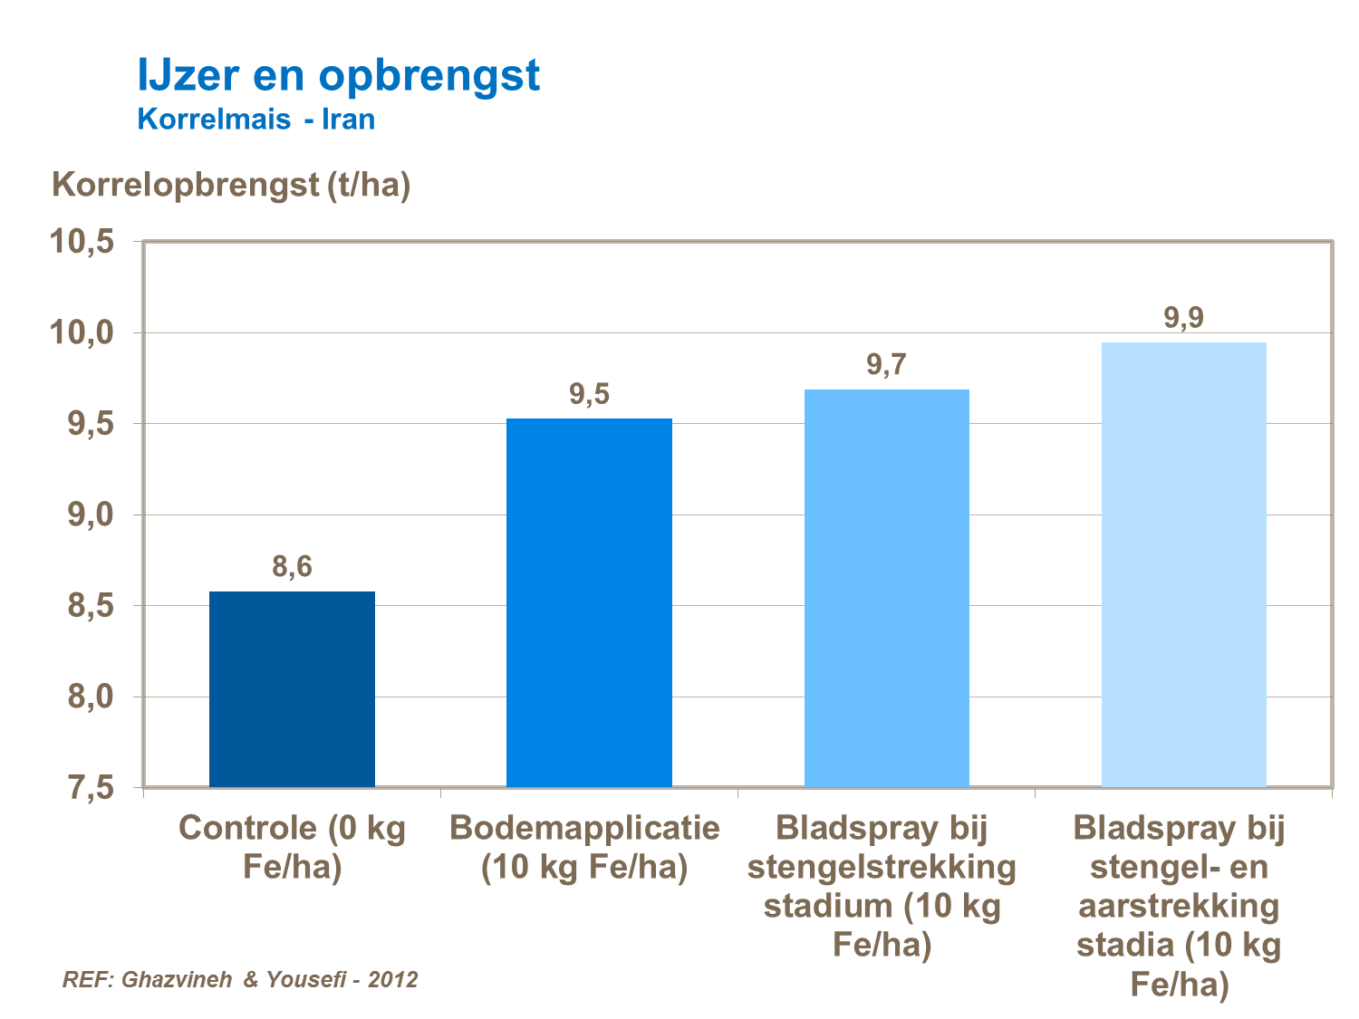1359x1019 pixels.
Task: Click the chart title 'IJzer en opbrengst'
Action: [x=338, y=74]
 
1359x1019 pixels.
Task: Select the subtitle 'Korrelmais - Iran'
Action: [x=255, y=120]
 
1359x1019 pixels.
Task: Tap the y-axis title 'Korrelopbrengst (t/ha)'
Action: [x=231, y=185]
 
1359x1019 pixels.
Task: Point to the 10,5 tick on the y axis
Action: [x=82, y=242]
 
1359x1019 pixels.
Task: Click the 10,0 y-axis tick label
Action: [x=82, y=332]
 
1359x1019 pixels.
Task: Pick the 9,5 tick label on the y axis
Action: [x=91, y=423]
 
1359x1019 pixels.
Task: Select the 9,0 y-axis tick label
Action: [x=91, y=514]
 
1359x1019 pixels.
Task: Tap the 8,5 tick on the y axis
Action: [x=91, y=605]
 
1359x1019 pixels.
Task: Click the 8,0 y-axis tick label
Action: [x=91, y=697]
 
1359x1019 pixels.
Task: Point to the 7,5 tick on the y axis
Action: [x=91, y=787]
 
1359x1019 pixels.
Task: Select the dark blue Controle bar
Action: [x=292, y=689]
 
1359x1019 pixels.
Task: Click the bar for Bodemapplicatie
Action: [x=589, y=602]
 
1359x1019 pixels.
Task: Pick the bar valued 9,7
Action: [x=886, y=588]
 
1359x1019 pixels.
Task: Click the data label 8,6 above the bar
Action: [x=292, y=567]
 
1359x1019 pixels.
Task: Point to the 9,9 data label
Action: [x=1183, y=318]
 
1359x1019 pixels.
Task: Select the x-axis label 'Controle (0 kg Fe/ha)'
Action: [x=292, y=847]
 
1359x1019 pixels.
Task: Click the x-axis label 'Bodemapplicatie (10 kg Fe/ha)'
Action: [x=585, y=847]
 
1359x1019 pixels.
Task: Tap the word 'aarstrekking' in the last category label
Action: [x=1179, y=906]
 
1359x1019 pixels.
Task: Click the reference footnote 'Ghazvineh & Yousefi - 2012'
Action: [x=240, y=979]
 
